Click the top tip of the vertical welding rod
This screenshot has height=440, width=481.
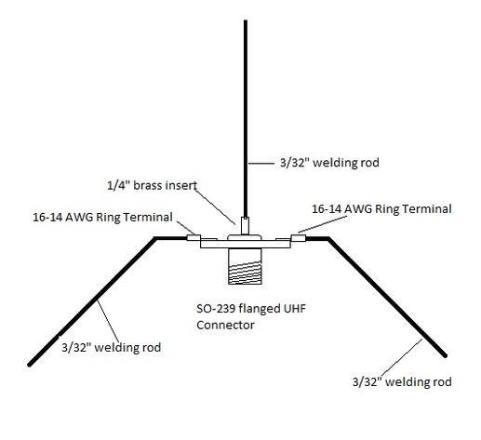[x=246, y=21]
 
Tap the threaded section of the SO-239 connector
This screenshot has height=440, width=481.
[x=245, y=273]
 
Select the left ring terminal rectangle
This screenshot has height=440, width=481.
[x=194, y=237]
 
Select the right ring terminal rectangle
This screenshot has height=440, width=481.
[x=299, y=238]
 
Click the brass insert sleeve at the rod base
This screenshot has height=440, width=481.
[x=245, y=225]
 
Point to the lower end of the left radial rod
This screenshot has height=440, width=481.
[x=30, y=365]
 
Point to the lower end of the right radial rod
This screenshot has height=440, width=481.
[x=445, y=355]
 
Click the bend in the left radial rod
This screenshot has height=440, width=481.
[x=155, y=238]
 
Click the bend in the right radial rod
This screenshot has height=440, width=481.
[x=328, y=238]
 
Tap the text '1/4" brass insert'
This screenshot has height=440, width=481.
[x=152, y=185]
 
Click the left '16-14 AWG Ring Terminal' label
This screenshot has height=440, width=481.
[x=102, y=217]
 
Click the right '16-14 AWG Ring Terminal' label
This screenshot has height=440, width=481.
[x=381, y=208]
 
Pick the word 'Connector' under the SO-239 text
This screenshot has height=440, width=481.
[x=225, y=325]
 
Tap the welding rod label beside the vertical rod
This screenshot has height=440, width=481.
[x=329, y=163]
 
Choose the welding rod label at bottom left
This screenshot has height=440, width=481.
[x=112, y=347]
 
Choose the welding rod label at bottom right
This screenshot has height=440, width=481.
[x=402, y=381]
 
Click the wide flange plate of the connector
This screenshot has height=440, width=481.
[x=245, y=244]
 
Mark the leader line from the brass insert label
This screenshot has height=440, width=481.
[x=215, y=207]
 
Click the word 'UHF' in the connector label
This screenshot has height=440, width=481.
[x=295, y=308]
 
